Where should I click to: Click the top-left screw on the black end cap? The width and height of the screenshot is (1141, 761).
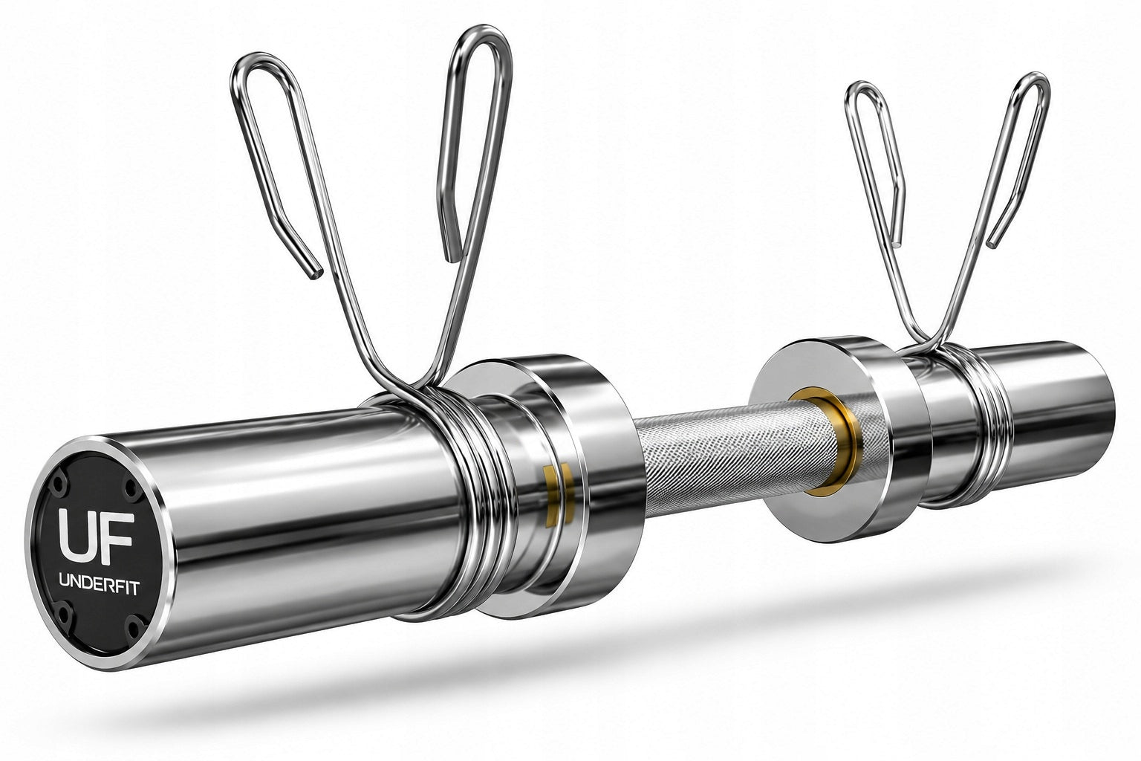[x=59, y=482]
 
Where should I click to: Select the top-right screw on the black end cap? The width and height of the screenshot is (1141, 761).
[x=133, y=489]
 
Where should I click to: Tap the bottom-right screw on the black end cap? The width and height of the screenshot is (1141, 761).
[x=134, y=628]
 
